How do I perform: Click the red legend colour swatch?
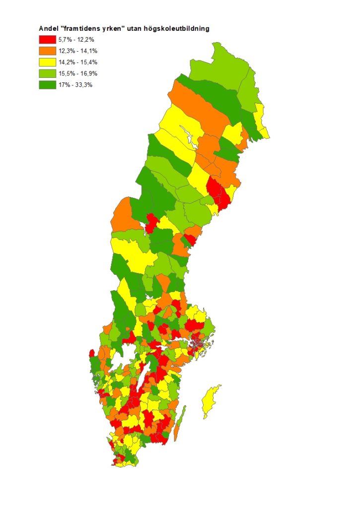pyautogui.click(x=47, y=40)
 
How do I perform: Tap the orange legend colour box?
pyautogui.click(x=47, y=51)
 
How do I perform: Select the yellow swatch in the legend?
pyautogui.click(x=47, y=62)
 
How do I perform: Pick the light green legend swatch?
pyautogui.click(x=47, y=73)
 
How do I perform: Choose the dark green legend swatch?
pyautogui.click(x=47, y=85)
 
